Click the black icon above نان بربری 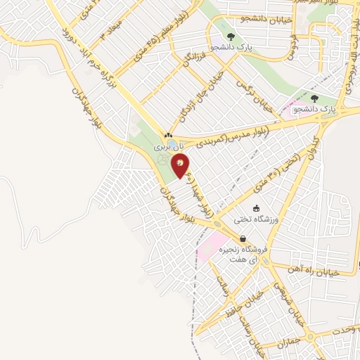point(167,135)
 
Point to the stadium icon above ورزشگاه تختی point(256,208)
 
